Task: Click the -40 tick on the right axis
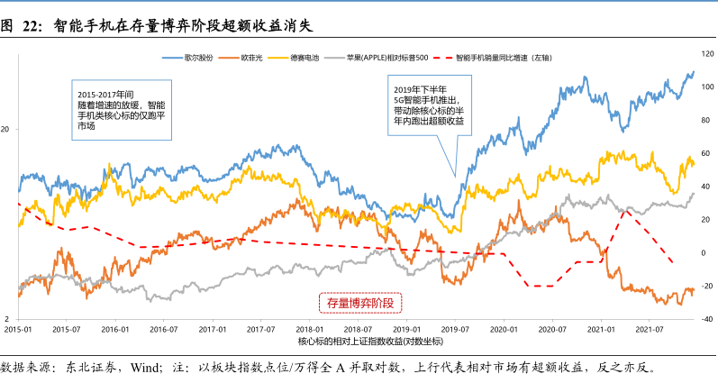click(x=707, y=319)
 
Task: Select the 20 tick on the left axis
click(x=7, y=130)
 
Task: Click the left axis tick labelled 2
click(x=9, y=320)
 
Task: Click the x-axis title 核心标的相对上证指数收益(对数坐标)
click(x=359, y=342)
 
